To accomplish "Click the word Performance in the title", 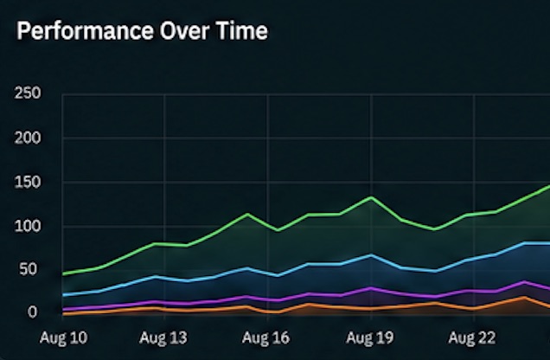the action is pos(86,31).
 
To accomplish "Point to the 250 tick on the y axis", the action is pos(28,93).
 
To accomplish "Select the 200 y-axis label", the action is pos(28,138).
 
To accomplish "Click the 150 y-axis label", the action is pos(28,183).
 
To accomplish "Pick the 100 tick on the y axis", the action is pos(28,227).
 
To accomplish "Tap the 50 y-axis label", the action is pos(28,269).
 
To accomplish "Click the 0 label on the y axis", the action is pos(32,312).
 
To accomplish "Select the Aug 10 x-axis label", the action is pos(63,337).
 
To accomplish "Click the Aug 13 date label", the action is pos(163,337).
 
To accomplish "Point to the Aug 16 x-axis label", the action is pos(265,337).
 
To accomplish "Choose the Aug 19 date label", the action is pos(370,337).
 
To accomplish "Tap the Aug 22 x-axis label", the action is pos(472,337).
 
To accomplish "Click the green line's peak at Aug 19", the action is pos(371,197).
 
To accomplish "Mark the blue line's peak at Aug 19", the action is pos(371,255).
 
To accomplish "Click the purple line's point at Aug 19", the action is pos(371,288).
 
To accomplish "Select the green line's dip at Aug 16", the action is pos(278,230).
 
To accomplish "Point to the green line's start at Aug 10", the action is pos(63,273).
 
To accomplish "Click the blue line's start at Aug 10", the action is pos(63,295).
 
